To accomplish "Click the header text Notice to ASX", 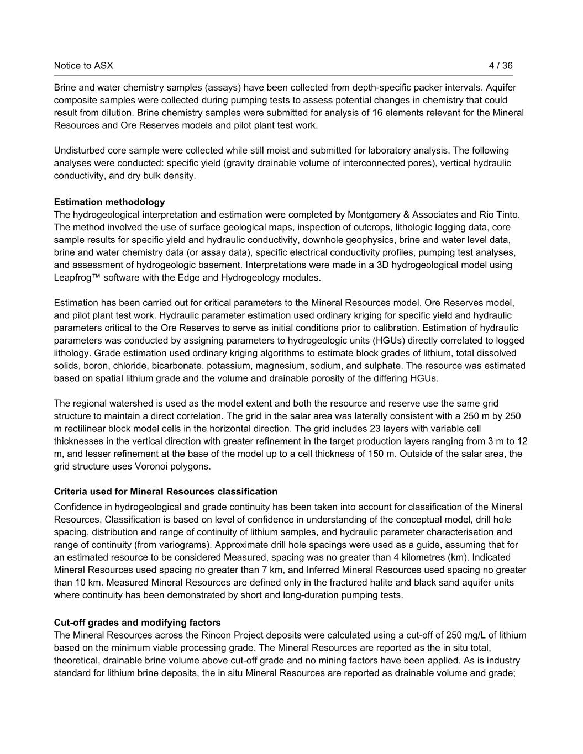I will coord(83,66).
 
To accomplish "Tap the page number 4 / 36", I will coord(501,66).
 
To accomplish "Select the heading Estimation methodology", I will coord(109,202).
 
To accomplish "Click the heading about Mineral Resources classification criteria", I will coord(166,492).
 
